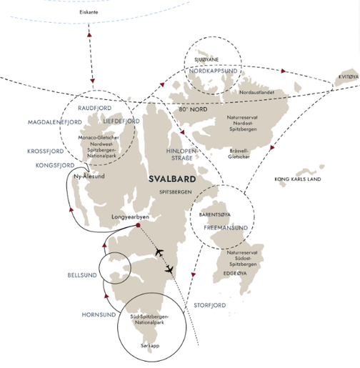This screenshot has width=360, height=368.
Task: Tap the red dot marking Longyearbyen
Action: (137, 226)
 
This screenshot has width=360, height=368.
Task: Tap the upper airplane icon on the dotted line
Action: (160, 254)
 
